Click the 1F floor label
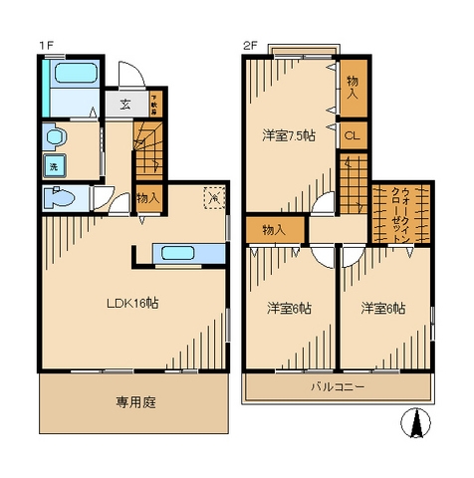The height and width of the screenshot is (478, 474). [46, 45]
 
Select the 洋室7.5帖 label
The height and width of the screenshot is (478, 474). [288, 136]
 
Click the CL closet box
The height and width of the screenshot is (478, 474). [353, 136]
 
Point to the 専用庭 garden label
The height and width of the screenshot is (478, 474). [134, 403]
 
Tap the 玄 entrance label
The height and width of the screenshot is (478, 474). [126, 103]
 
